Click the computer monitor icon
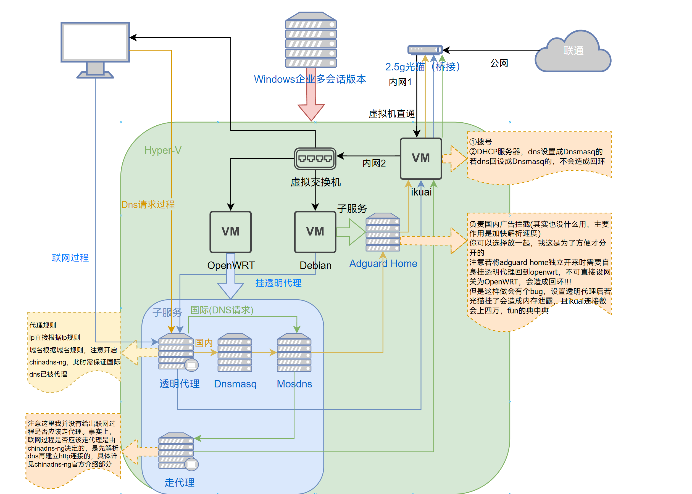click(x=95, y=46)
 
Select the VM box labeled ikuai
click(x=420, y=158)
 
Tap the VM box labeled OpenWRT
click(x=230, y=232)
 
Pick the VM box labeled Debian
click(x=315, y=232)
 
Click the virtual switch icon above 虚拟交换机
click(x=315, y=158)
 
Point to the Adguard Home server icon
click(x=383, y=232)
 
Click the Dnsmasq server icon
click(x=235, y=353)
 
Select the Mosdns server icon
click(x=294, y=353)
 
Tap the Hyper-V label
click(x=163, y=150)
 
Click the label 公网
click(x=499, y=63)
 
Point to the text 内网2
click(x=374, y=163)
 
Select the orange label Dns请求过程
click(x=148, y=204)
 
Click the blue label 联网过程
click(x=70, y=258)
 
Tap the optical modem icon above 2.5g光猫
click(x=425, y=49)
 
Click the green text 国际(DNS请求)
click(x=222, y=310)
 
